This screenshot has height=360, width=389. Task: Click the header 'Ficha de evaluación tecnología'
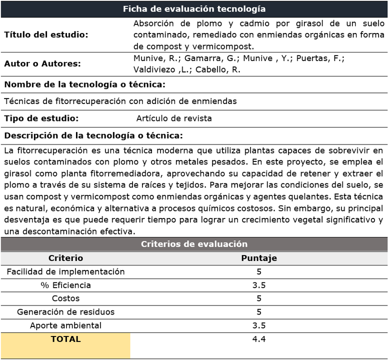(194, 9)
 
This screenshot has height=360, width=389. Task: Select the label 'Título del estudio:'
(46, 34)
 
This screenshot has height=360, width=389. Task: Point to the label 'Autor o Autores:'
(42, 64)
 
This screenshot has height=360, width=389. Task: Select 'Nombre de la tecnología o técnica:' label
(84, 84)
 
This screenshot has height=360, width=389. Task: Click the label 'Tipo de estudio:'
(41, 118)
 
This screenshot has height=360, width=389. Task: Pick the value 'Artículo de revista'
(174, 118)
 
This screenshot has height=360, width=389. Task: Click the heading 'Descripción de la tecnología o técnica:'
(93, 135)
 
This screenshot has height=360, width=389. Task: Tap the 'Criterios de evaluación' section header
(194, 244)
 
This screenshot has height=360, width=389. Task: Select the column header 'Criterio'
(65, 258)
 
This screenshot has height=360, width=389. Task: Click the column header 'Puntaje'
(259, 258)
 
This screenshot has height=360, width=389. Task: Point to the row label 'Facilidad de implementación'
(65, 271)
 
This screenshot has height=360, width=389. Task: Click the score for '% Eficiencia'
(259, 285)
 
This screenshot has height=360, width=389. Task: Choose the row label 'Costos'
(65, 298)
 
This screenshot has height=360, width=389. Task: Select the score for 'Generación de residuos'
(259, 312)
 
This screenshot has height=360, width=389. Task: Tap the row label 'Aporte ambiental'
(65, 325)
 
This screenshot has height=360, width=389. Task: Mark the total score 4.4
(259, 339)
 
